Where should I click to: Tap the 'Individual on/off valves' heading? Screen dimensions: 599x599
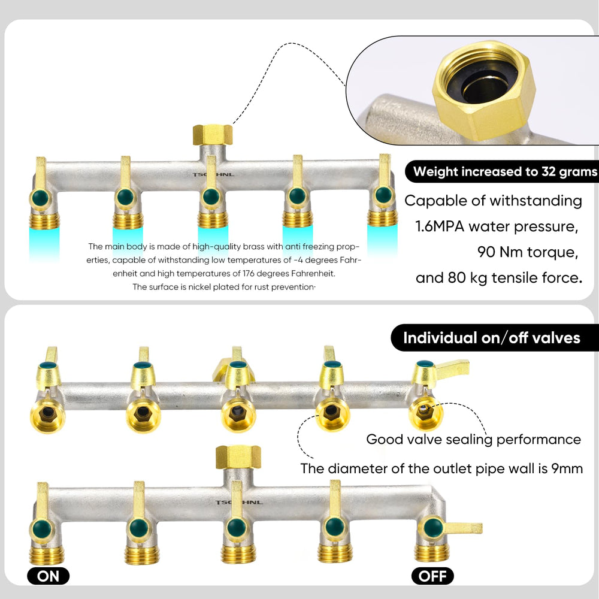coord(492,338)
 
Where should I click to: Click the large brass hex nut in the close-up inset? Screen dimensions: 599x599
coord(485,89)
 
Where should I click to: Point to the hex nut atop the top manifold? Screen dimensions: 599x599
coord(213,135)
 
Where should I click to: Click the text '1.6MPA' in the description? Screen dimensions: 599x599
coord(440,226)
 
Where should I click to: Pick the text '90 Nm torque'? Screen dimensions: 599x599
coord(527,252)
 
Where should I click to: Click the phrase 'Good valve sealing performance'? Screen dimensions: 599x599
coord(474,439)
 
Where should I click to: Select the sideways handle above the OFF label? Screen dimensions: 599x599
coord(463,528)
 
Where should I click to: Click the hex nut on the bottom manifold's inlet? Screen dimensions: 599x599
coord(238,457)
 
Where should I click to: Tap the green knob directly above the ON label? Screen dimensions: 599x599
coord(42,529)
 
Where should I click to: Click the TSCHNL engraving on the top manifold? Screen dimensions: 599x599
coord(213,174)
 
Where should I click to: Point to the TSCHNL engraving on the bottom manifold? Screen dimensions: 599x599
coord(239,503)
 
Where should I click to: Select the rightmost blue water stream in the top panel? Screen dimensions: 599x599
coord(382,241)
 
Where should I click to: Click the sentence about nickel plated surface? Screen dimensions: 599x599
coord(224,287)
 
